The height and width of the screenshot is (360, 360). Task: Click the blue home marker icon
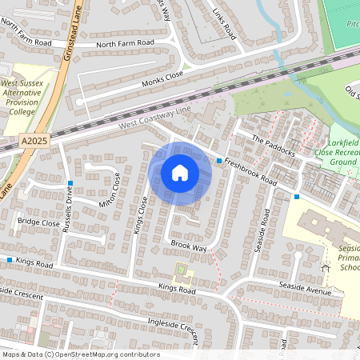pos(180,172)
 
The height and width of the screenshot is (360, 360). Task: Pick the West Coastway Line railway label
pos(155,117)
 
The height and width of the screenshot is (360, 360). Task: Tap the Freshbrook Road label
pos(250,171)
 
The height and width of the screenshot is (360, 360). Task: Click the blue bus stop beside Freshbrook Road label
pos(219,161)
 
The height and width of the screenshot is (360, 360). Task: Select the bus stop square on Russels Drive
pos(70,183)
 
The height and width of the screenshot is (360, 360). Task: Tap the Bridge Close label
pos(38,222)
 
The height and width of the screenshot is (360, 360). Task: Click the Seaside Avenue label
pos(305,289)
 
